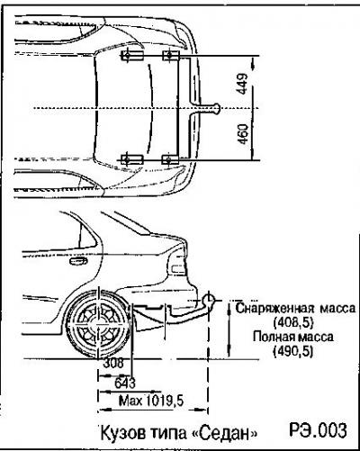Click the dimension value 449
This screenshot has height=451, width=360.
coord(244,84)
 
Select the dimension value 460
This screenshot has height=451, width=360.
coord(244,134)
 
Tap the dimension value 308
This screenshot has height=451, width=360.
coord(113,364)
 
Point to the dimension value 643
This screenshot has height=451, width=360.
coord(125,383)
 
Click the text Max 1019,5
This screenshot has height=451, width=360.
coord(151,401)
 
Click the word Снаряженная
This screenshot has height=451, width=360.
coord(275,309)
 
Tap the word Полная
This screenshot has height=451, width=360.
coord(273,337)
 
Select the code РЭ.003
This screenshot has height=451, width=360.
coord(318,430)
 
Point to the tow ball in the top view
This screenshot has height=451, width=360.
coord(216,108)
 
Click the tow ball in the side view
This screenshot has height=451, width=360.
coord(208,300)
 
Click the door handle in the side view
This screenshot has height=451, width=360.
coord(78,261)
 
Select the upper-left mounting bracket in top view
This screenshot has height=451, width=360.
coord(132,56)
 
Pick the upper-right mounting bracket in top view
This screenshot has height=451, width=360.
coord(171,56)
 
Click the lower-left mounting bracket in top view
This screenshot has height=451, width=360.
coord(132,159)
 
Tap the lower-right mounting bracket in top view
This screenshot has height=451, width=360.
coord(170,159)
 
